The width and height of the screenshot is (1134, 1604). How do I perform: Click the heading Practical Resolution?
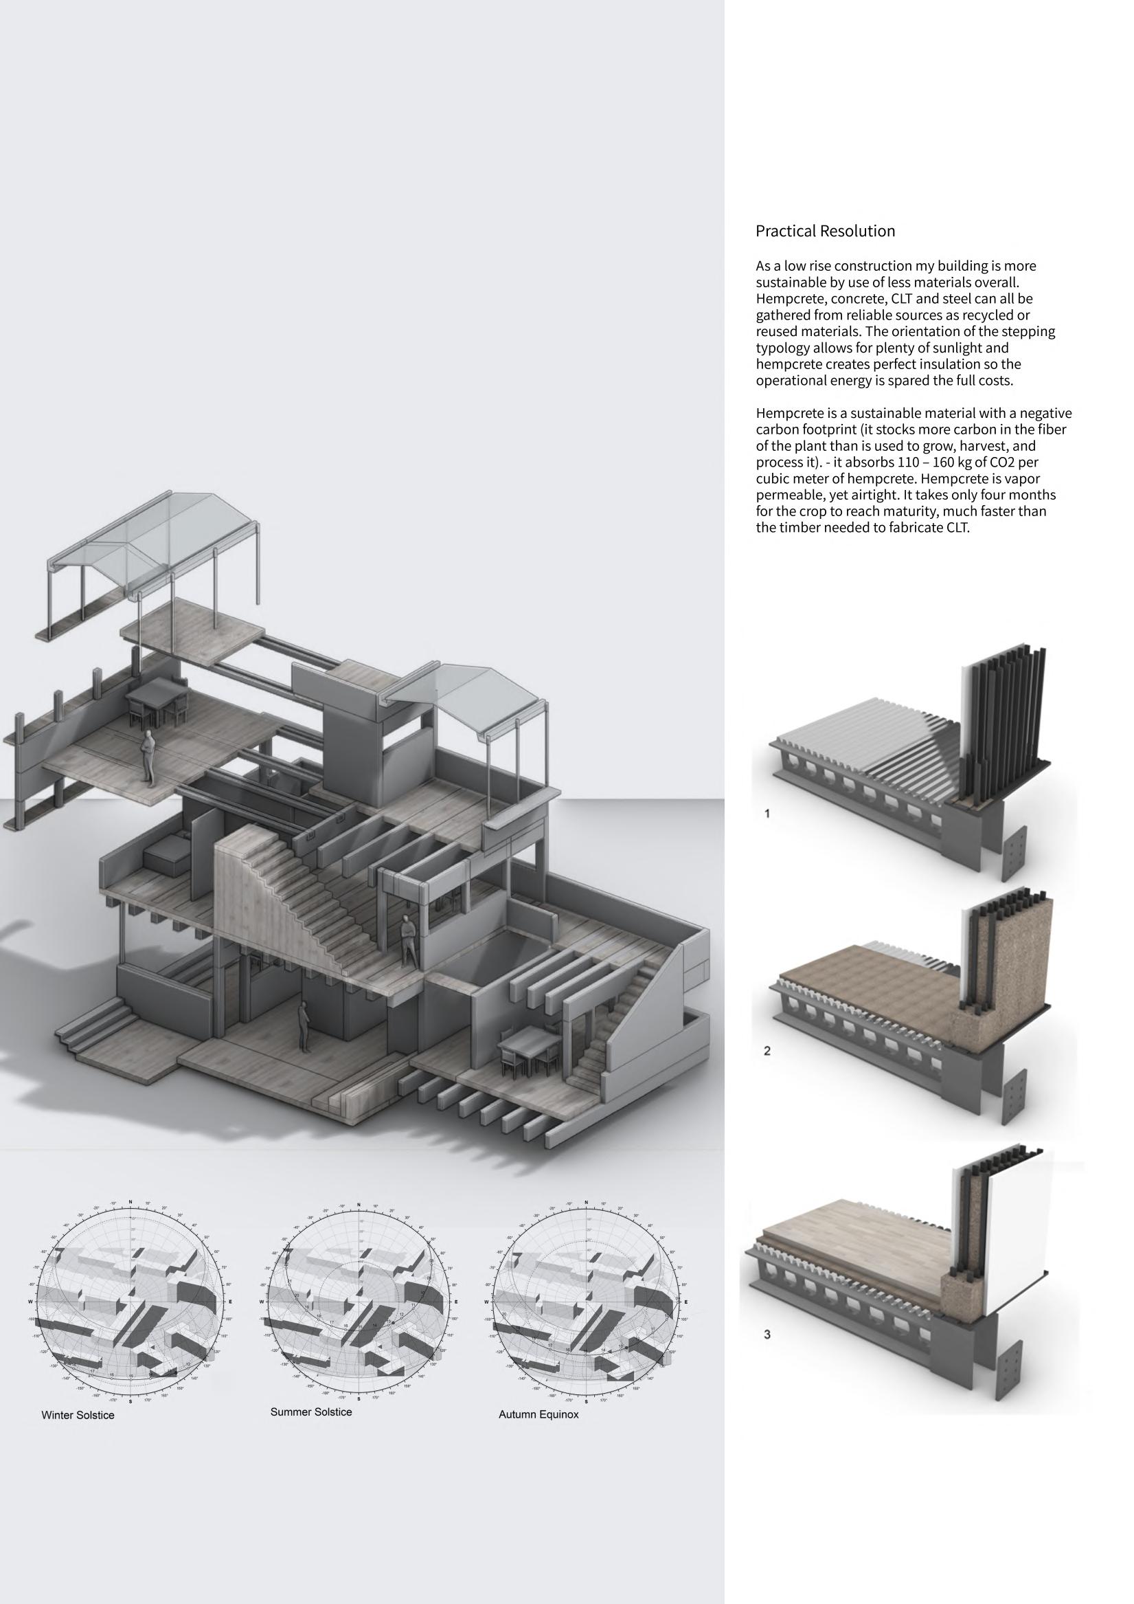click(x=825, y=231)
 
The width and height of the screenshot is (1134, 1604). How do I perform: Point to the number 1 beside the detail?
click(x=767, y=814)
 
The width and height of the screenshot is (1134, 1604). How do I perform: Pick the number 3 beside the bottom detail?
click(x=767, y=1335)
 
